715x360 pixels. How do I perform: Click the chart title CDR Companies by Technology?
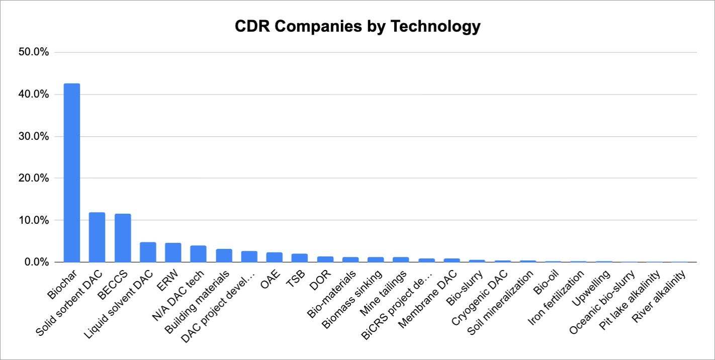357,26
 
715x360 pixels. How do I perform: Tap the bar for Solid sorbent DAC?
97,237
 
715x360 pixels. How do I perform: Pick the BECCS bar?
123,238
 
